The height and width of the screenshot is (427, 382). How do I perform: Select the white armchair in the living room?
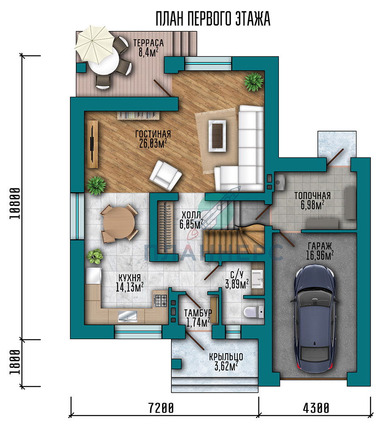point(166,175)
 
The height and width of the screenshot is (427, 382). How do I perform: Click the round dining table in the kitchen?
point(119,222)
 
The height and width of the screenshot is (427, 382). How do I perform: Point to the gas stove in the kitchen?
point(160,301)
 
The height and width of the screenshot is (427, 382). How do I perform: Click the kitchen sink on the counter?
point(127,316)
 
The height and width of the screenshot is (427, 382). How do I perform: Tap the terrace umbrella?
point(94,44)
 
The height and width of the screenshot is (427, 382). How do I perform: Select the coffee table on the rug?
point(217,136)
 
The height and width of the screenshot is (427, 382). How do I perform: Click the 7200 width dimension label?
point(161,408)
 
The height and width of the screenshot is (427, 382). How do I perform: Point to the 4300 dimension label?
point(316,408)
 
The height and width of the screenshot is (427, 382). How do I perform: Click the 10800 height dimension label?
point(15,203)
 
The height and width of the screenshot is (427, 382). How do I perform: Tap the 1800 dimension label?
point(15,362)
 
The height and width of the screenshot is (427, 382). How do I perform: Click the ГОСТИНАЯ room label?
point(153,134)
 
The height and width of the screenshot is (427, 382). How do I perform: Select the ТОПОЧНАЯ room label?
point(312,196)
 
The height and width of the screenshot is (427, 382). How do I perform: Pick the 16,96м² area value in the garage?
point(320,256)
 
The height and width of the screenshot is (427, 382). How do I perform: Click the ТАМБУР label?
point(198,312)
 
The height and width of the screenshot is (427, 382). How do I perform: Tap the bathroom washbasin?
point(257,279)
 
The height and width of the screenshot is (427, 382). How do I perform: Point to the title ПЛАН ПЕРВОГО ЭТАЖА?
point(213,19)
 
